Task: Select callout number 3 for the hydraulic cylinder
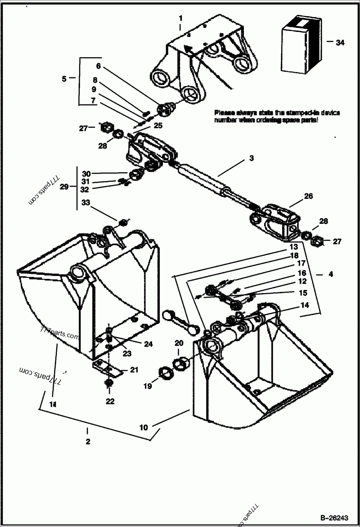point(252,158)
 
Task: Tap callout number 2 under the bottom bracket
point(88,442)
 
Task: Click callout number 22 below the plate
point(110,401)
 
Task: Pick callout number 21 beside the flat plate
point(134,370)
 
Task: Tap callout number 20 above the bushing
point(179,343)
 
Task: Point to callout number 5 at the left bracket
point(64,79)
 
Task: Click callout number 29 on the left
point(64,186)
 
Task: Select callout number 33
point(86,203)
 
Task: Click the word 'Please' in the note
point(224,112)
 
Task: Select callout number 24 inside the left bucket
point(148,344)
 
